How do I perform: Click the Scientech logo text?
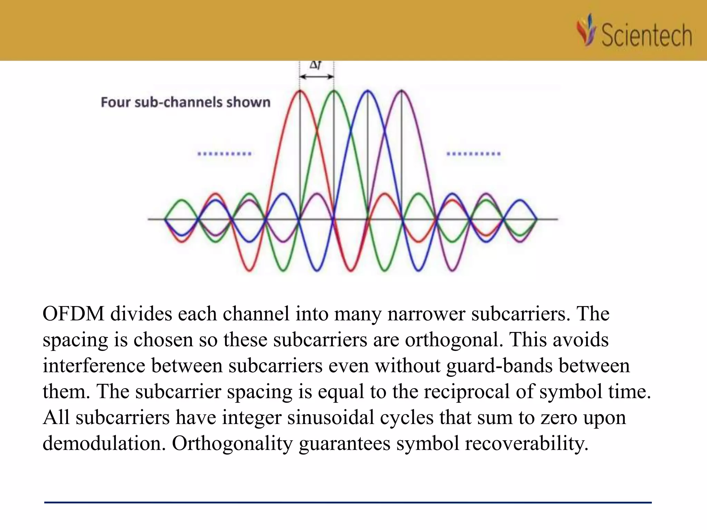[646, 35]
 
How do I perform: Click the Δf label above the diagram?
[315, 65]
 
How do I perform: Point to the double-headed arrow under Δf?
[317, 77]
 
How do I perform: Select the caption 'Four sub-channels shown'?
[185, 102]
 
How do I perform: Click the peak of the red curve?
[300, 91]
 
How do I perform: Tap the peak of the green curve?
[334, 91]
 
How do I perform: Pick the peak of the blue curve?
[368, 91]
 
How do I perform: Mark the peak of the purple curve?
[401, 91]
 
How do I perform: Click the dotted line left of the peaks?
[224, 154]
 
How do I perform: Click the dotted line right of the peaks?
[474, 154]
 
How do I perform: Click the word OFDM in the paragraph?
[73, 314]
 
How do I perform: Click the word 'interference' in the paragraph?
[94, 365]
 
